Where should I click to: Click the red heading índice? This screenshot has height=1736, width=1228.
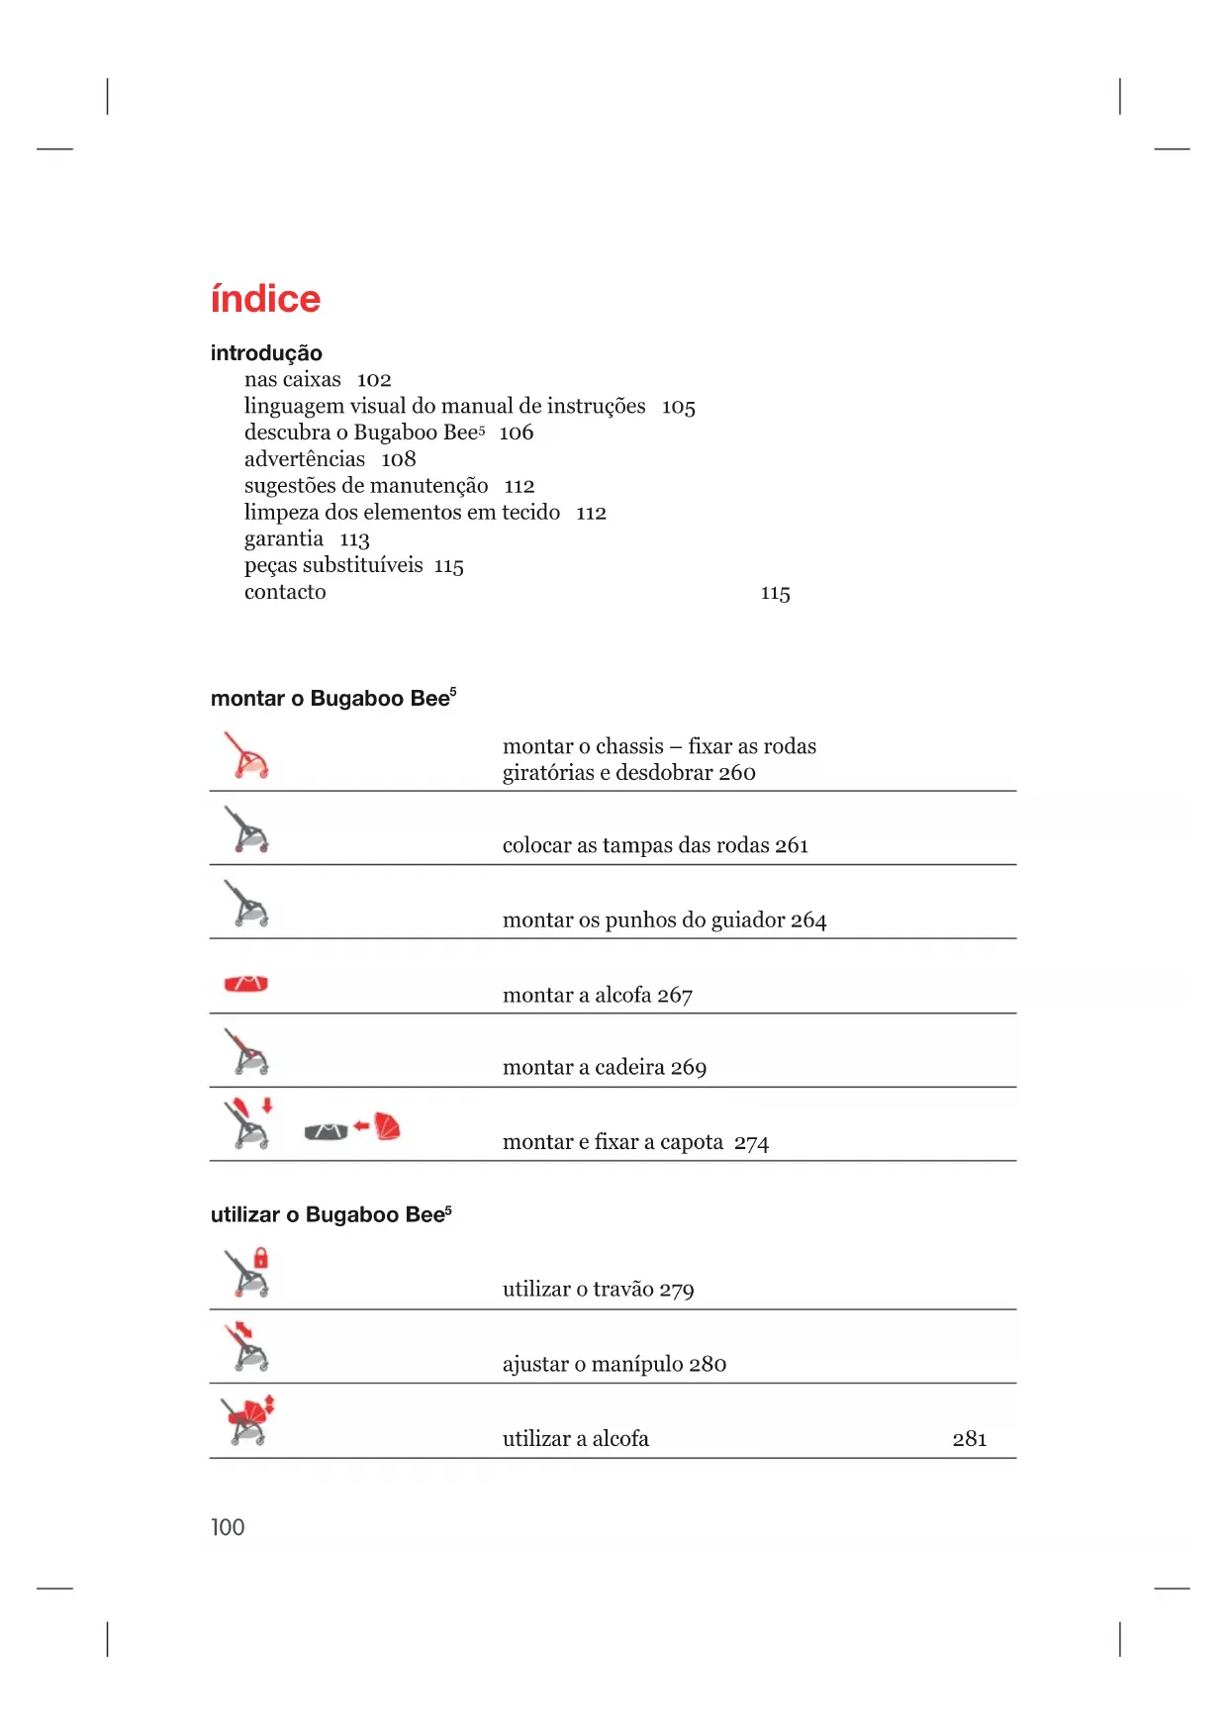[265, 299]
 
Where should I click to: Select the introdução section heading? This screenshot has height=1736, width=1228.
[266, 353]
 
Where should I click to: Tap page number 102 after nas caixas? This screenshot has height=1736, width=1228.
[374, 380]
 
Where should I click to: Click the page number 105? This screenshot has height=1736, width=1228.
[679, 407]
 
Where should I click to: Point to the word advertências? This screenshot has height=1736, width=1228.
[305, 459]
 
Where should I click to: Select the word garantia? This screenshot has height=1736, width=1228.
[284, 539]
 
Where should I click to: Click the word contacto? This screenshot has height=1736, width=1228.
[285, 592]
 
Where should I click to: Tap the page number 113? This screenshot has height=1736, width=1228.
[354, 539]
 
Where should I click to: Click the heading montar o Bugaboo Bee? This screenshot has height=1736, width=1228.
[332, 699]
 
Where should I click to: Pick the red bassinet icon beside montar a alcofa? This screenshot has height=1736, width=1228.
[246, 984]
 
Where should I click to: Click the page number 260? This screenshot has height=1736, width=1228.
[737, 773]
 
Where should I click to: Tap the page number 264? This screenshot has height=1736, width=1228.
[808, 920]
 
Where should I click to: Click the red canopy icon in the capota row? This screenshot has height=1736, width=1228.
[387, 1126]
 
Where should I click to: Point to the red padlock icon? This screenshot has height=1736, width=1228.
[261, 1258]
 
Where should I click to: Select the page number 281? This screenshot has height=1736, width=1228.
[970, 1439]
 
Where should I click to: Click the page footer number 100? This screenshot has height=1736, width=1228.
[228, 1527]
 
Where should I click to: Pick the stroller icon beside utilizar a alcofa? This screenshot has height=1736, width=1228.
[247, 1421]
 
